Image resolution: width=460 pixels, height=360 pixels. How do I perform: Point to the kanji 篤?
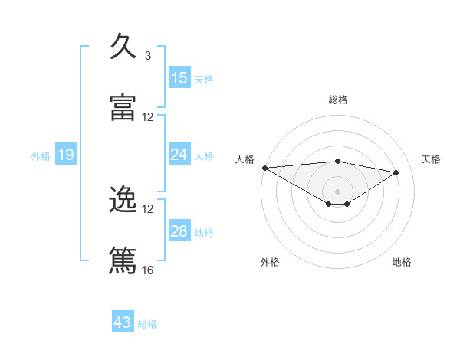point(123,260)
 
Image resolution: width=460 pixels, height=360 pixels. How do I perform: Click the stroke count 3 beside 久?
point(148,56)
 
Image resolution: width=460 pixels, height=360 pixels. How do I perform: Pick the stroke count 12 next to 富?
point(148,117)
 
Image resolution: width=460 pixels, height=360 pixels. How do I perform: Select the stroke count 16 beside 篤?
point(148,270)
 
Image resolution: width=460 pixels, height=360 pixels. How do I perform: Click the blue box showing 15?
point(179,78)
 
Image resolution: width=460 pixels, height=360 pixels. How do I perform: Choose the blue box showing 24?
point(179,155)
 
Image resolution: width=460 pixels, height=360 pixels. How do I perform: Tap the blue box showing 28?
point(179,231)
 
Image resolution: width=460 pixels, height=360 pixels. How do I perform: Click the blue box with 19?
point(66,155)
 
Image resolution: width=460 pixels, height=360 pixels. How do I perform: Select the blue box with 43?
point(123,322)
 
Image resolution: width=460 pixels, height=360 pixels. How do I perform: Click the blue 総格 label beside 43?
point(148,324)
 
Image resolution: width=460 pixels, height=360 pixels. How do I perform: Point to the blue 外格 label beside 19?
point(41,156)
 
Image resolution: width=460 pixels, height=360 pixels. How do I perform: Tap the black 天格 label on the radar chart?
point(432,159)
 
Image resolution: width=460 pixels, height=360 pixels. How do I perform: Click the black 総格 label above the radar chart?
point(338,100)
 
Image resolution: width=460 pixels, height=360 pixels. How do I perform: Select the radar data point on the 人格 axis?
point(264,168)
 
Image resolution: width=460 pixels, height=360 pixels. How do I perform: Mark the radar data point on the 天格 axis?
point(396,172)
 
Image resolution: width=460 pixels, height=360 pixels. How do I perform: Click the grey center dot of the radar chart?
point(338,191)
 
